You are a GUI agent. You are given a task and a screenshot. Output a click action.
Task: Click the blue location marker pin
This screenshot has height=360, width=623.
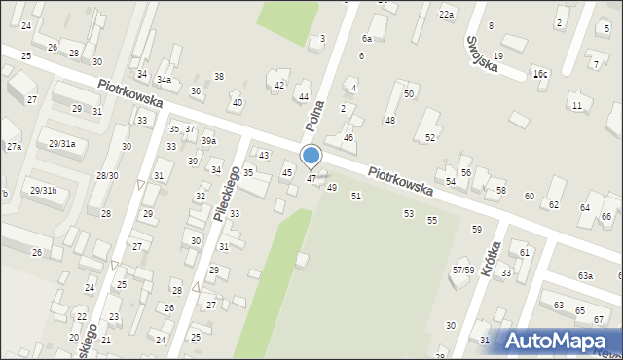(311, 156)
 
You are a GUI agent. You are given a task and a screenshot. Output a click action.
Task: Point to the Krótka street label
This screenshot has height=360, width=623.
(490, 259)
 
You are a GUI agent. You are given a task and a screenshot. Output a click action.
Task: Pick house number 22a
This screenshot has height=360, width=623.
(446, 14)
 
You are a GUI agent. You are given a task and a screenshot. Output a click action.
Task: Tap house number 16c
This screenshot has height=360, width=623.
(539, 74)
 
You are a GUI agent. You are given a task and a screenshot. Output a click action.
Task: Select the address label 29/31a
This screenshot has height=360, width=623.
(61, 144)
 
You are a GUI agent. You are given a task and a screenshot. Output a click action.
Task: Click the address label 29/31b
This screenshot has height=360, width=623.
(43, 190)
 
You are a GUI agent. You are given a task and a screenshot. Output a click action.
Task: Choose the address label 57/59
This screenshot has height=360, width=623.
(462, 270)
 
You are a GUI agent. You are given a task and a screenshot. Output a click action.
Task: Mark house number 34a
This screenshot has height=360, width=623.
(165, 79)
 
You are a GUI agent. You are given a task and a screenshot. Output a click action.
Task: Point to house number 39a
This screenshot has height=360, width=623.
(208, 141)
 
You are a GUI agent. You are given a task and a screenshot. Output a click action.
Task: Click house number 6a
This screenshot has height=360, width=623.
(366, 38)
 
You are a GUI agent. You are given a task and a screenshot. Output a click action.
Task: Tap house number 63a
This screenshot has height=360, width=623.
(584, 276)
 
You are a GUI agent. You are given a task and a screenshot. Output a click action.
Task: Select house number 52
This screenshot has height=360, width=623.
(429, 138)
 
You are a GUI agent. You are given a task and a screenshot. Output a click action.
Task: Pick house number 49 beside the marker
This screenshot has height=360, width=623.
(332, 187)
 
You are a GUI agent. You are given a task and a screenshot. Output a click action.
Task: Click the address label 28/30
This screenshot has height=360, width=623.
(106, 176)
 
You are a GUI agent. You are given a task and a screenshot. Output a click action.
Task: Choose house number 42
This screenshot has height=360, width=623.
(279, 86)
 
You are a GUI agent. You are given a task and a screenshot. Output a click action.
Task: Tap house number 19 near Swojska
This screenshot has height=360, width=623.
(497, 56)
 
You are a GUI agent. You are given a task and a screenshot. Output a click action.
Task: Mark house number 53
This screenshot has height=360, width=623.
(408, 212)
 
